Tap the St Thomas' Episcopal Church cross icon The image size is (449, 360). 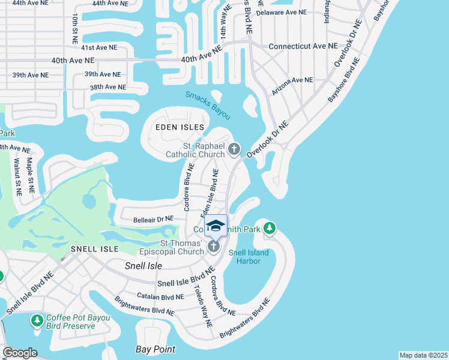pyautogui.click(x=213, y=247)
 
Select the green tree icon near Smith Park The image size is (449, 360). pyautogui.click(x=270, y=227)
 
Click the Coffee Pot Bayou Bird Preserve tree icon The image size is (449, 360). pyautogui.click(x=37, y=321)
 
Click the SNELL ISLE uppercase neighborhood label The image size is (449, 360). pyautogui.click(x=95, y=248)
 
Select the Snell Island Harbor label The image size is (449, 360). pyautogui.click(x=244, y=257)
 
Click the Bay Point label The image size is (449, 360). pyautogui.click(x=155, y=349)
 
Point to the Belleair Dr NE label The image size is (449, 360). pyautogui.click(x=153, y=219)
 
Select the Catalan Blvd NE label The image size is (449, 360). pyautogui.click(x=160, y=296)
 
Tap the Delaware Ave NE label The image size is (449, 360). pyautogui.click(x=286, y=12)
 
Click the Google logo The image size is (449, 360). pyautogui.click(x=20, y=353)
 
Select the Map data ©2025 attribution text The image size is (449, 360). pyautogui.click(x=423, y=355)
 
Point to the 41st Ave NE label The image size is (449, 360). pyautogui.click(x=100, y=47)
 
